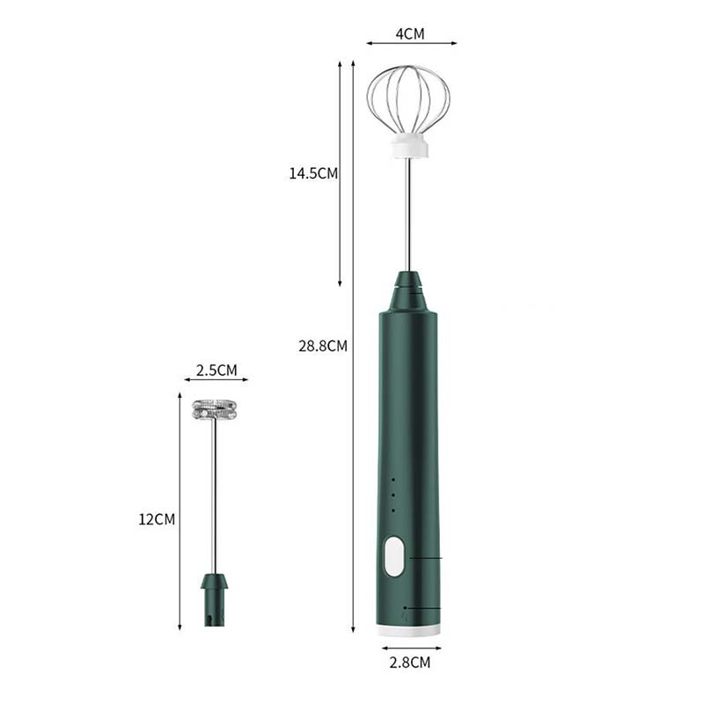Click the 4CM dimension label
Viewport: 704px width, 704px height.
[409, 34]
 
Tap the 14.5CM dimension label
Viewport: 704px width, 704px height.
[313, 173]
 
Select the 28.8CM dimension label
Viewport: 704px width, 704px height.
[323, 346]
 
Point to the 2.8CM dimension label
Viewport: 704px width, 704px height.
[409, 663]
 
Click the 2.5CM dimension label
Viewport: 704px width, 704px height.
[216, 370]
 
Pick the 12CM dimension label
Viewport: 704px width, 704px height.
[157, 519]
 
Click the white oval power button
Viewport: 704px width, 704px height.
[393, 557]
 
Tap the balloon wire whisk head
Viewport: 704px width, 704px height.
[408, 99]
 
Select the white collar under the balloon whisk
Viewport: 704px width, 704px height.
[409, 146]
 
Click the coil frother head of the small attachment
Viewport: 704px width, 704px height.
[214, 409]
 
